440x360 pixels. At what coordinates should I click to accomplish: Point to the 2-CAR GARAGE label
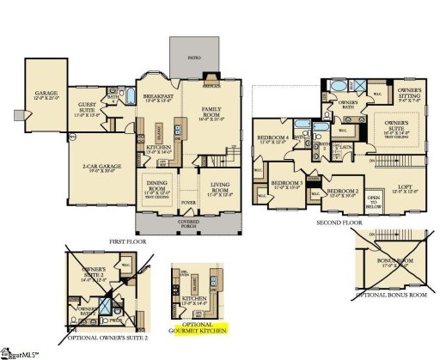(x=101, y=166)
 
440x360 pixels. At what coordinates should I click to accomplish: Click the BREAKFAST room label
(x=158, y=97)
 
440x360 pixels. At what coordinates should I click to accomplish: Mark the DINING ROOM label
(x=158, y=182)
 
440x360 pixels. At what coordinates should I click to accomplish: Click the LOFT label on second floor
(x=405, y=187)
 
